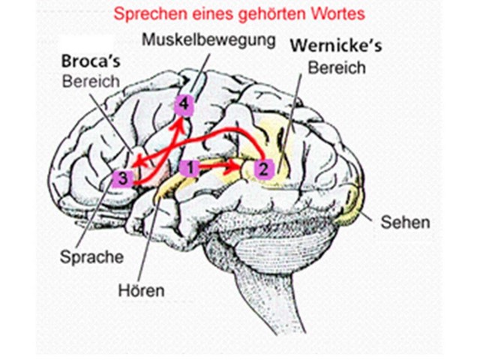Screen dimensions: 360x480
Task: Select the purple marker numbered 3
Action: pos(124,178)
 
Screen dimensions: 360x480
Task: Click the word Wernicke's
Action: pos(334,46)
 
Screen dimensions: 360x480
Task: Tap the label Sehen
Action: pos(406,222)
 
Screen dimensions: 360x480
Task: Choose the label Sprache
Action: pos(91,256)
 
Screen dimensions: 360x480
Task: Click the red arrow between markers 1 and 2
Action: pos(223,162)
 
